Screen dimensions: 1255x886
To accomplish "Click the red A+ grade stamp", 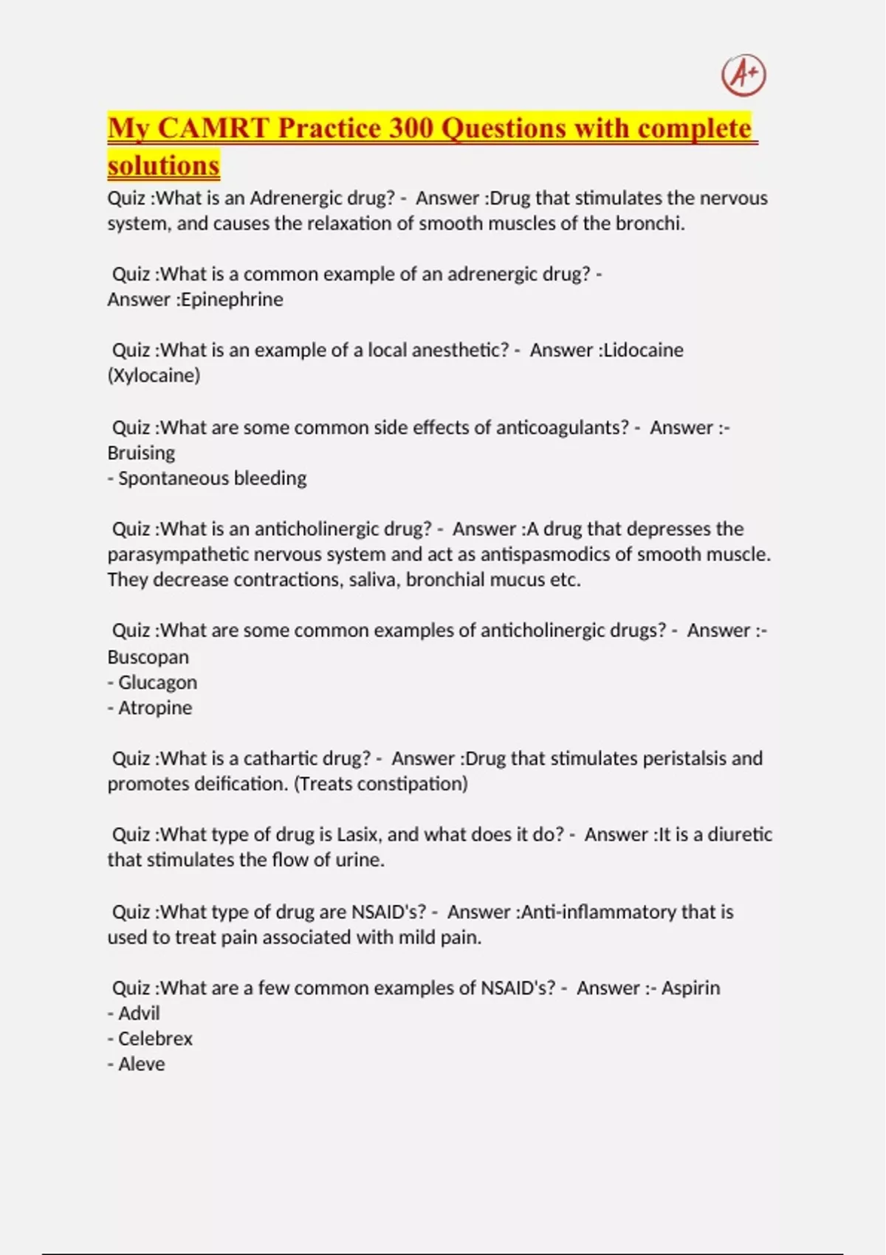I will tap(744, 75).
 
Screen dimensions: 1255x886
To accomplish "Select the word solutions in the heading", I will tap(163, 165).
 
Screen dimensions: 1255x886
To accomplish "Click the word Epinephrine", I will tap(232, 300).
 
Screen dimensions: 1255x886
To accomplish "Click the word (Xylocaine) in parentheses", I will tap(154, 376).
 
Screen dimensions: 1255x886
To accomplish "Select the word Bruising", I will tap(141, 453).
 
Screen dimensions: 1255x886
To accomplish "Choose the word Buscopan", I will tap(148, 657).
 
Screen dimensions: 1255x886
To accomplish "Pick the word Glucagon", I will tap(157, 683).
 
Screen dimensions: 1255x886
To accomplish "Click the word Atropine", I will tap(155, 708).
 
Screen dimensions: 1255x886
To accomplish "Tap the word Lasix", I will tap(359, 835).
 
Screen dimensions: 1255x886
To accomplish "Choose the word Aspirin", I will tap(690, 988).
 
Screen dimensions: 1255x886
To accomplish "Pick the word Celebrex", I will tap(155, 1039).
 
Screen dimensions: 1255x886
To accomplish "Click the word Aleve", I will tap(141, 1065).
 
